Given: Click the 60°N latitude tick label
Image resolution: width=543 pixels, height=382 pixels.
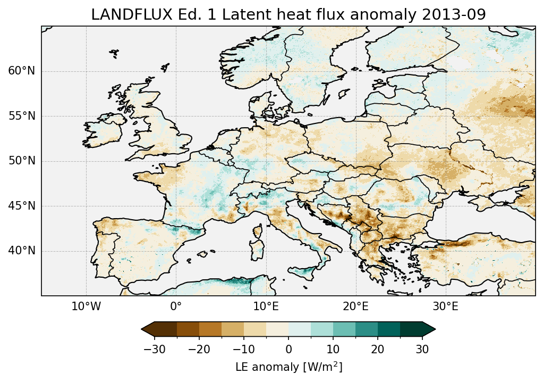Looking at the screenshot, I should tap(22, 71).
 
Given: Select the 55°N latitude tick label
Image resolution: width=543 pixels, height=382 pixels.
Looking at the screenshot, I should tap(22, 116).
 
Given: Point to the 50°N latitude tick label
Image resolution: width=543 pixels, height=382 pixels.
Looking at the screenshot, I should tap(22, 161).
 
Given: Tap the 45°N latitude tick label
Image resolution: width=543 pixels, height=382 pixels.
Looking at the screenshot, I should tap(22, 206).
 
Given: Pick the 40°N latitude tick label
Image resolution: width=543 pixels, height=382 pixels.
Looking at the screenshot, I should tap(22, 251).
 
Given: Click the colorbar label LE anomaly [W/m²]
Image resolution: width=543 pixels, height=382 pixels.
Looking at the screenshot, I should tap(289, 367).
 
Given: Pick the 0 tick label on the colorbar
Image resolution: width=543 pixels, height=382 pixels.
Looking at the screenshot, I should tap(289, 349).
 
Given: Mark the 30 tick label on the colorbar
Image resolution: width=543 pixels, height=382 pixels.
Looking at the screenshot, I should tap(422, 349).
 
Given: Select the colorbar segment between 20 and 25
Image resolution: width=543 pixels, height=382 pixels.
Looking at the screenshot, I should tap(389, 329).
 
